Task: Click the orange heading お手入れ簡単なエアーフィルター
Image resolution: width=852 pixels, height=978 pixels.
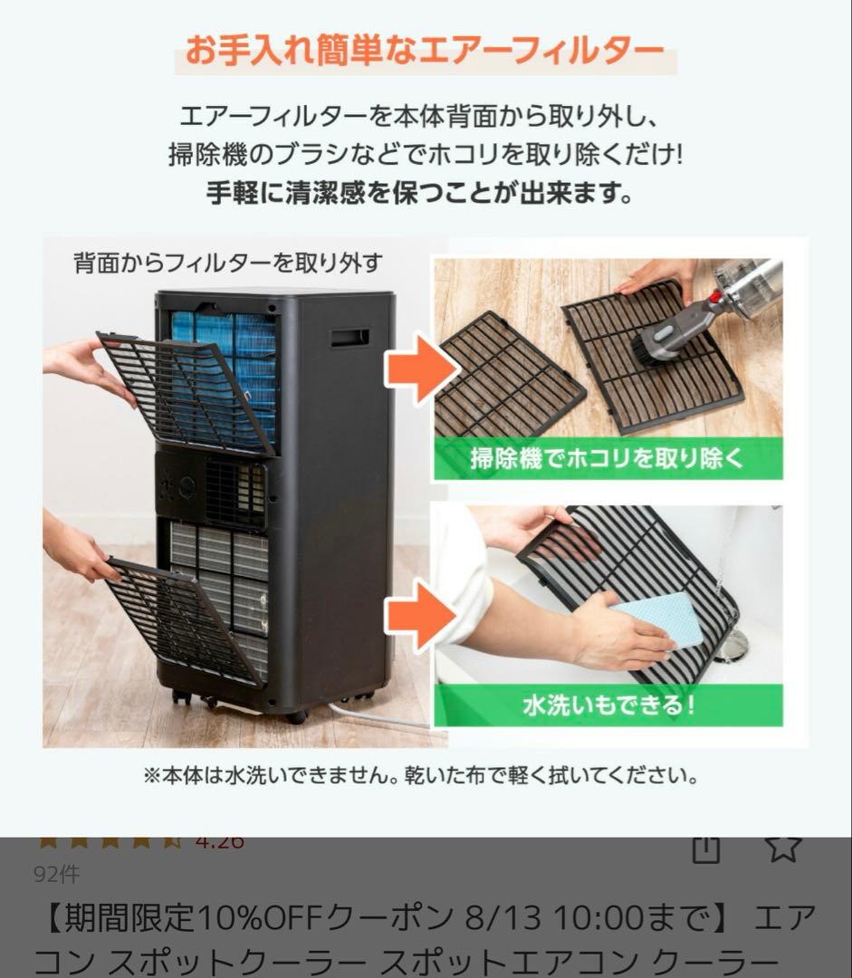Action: point(425,51)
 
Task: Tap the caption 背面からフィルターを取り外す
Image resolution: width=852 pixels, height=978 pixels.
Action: point(227,263)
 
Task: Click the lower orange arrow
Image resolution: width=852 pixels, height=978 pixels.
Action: point(419,616)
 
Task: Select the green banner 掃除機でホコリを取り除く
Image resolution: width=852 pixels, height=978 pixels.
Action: point(607,458)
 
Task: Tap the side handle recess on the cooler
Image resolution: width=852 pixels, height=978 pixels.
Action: point(349,338)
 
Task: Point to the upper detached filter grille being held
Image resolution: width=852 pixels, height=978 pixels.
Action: point(186,391)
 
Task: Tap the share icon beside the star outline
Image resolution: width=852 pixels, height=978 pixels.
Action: point(705,848)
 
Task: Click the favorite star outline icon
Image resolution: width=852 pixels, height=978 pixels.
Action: point(782,846)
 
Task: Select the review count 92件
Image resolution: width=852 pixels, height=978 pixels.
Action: point(56,874)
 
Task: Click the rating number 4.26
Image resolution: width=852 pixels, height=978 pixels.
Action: point(219,841)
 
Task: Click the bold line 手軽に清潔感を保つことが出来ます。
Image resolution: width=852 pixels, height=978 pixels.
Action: point(420,193)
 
